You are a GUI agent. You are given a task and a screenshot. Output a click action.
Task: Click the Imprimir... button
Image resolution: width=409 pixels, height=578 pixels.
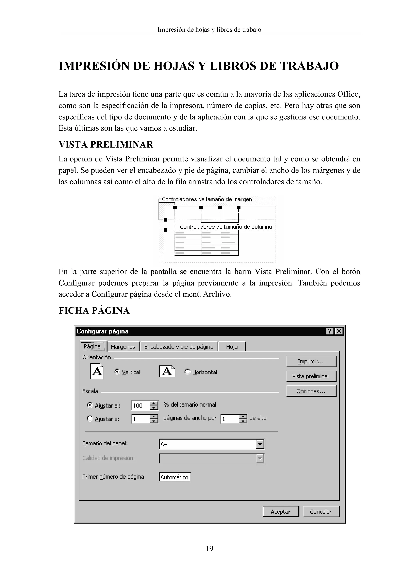311,361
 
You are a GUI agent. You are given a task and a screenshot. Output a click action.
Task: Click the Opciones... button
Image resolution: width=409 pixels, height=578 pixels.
311,391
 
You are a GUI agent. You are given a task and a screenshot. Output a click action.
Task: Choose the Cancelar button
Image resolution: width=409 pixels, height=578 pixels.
321,512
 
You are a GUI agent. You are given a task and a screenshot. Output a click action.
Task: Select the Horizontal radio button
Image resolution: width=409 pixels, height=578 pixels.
187,372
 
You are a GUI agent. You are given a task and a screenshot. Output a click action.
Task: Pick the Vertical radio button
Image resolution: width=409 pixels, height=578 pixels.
117,372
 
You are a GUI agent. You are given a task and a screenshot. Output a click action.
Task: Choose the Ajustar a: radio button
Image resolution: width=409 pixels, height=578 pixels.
90,419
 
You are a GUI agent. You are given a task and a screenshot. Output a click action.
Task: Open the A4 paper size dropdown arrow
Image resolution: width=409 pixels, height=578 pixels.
260,444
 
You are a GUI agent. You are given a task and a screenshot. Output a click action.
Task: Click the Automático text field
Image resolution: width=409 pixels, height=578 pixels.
174,477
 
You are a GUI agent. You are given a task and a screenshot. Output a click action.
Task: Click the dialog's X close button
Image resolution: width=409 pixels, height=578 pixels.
339,331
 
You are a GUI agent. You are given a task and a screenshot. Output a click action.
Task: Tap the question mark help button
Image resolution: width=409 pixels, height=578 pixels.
330,331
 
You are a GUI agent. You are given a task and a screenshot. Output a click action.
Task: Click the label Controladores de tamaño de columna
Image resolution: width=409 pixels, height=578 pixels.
226,227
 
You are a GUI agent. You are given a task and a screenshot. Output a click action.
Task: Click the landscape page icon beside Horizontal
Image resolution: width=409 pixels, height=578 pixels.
167,371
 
